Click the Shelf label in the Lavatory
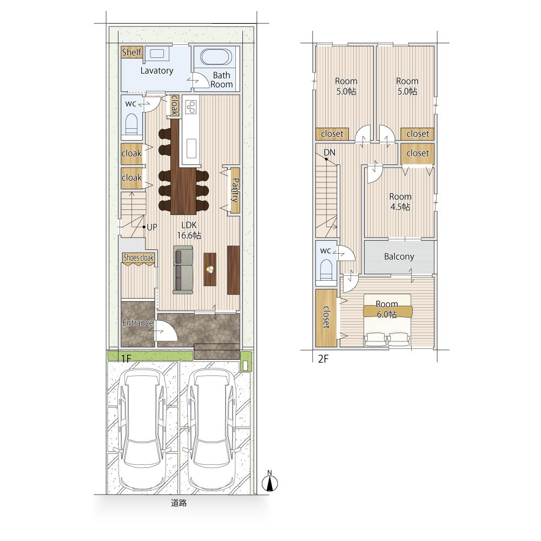[131, 52]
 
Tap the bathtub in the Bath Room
[216, 57]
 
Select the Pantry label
[235, 190]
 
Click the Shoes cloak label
[138, 258]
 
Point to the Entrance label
[137, 323]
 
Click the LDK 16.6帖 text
[189, 230]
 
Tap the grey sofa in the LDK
[183, 270]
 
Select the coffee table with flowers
[210, 269]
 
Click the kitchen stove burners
[191, 107]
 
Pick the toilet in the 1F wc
[131, 124]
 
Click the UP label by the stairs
[152, 227]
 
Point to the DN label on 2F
[329, 153]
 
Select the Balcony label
[399, 256]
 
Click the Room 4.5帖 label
[400, 201]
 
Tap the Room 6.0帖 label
[387, 309]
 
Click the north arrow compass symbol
[270, 481]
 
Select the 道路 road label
[179, 503]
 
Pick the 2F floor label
[324, 359]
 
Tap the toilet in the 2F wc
[326, 269]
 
